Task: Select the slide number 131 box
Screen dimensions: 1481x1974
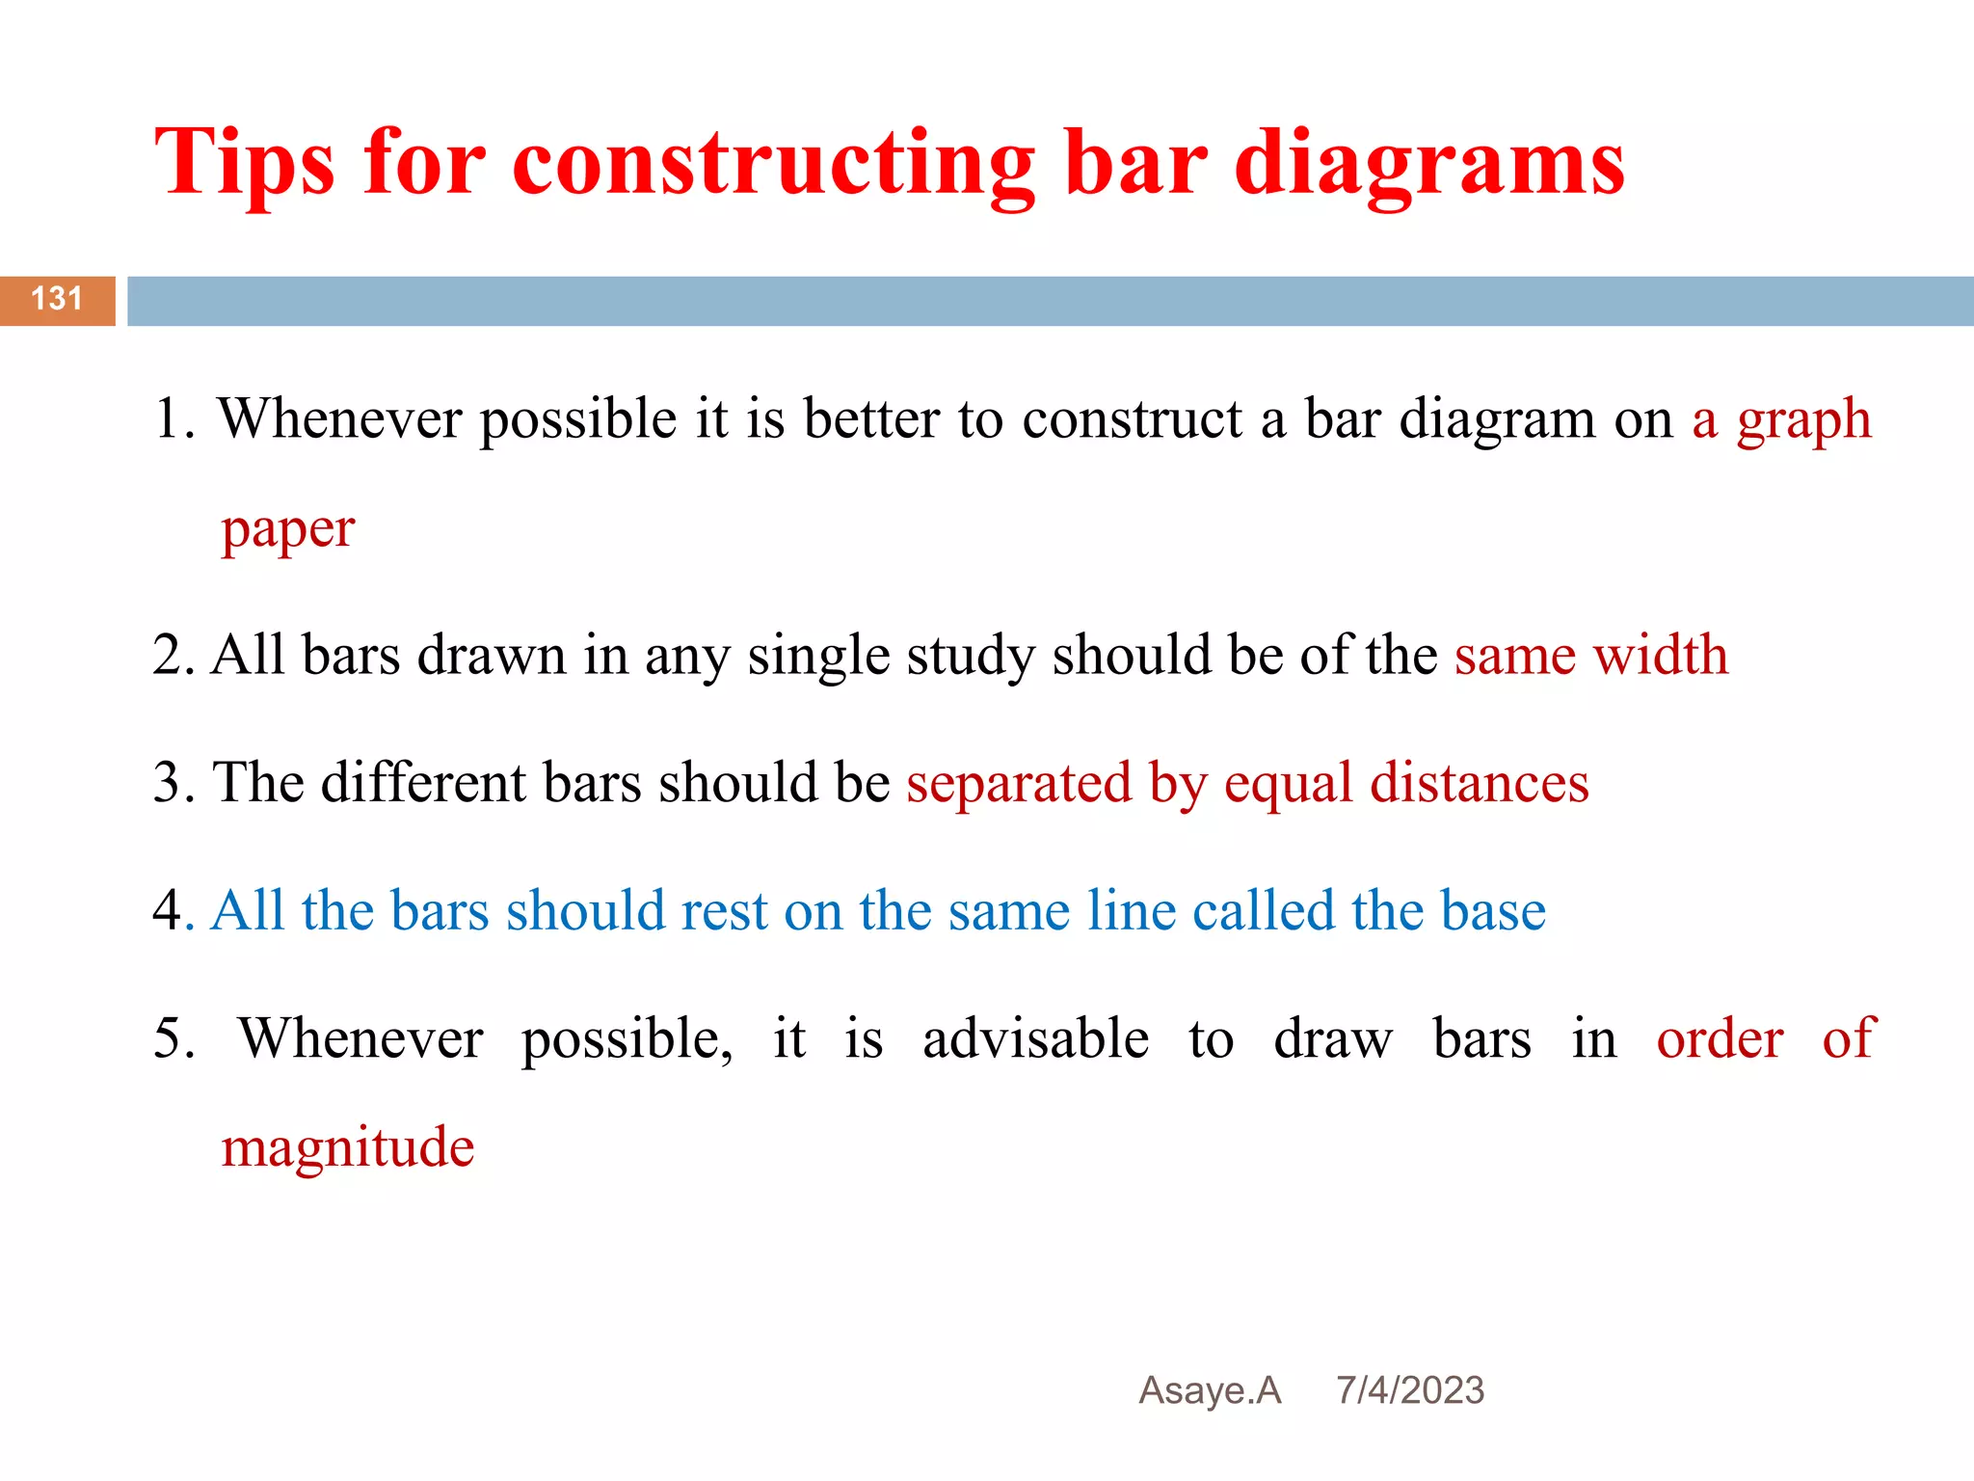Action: point(57,300)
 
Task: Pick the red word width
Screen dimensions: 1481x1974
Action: point(1660,655)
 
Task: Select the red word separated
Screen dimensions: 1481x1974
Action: point(1019,782)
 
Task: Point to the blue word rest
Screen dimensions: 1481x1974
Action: point(723,910)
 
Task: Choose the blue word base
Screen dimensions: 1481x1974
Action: point(1493,910)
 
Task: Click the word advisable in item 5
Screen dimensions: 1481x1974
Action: point(1035,1038)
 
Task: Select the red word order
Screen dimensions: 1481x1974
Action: point(1720,1038)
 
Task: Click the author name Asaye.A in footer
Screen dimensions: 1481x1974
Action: point(1210,1390)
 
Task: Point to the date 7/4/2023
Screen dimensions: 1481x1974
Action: point(1409,1390)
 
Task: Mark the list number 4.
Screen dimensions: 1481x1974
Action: point(168,910)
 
